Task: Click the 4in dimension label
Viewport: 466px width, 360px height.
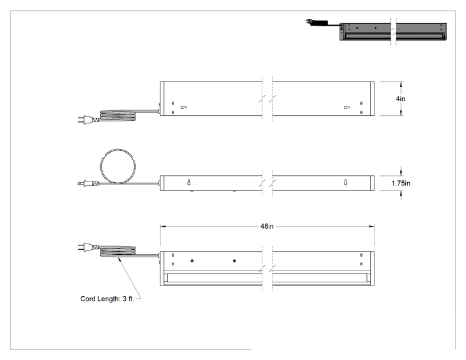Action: point(400,99)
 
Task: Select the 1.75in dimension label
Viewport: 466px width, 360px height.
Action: point(401,183)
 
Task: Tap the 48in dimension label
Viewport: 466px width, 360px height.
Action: point(267,227)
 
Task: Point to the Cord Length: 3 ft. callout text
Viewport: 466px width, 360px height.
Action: point(107,299)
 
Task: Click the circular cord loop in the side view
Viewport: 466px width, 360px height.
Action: point(101,167)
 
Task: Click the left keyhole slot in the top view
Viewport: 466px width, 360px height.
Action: point(184,108)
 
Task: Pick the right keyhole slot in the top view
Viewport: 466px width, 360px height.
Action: point(346,108)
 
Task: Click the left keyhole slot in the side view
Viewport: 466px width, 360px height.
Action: point(189,182)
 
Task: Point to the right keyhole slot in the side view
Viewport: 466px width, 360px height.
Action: point(345,182)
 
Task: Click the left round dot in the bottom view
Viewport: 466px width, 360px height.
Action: point(192,261)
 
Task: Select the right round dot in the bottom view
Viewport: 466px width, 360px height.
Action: point(234,261)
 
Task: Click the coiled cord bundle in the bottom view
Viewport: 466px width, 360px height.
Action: point(118,251)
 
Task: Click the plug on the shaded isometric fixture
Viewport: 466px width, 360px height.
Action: point(309,22)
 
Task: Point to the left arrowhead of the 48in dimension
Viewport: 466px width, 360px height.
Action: point(163,227)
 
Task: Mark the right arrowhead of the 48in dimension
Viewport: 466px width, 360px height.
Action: point(371,227)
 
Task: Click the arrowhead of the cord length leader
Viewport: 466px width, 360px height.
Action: point(120,259)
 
